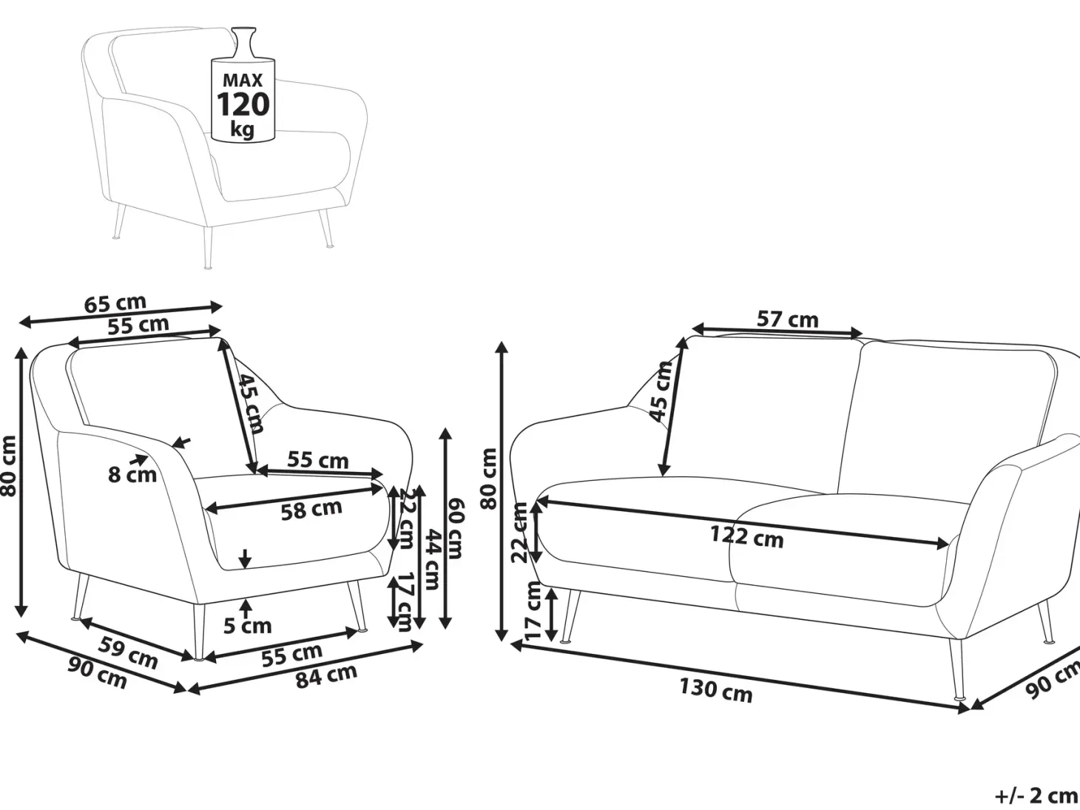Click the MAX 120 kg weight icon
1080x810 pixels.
point(243,86)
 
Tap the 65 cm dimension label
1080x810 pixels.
point(115,303)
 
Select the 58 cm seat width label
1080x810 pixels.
point(311,510)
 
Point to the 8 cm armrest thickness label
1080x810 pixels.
point(132,475)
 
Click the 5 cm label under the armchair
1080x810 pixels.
point(248,626)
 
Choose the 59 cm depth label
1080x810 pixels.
point(128,652)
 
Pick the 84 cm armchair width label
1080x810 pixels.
point(326,676)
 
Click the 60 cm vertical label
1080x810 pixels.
point(454,528)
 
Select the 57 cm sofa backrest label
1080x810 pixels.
point(787,319)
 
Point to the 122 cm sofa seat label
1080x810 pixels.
point(747,536)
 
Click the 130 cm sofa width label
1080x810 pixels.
point(716,690)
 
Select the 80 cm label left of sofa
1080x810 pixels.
point(489,478)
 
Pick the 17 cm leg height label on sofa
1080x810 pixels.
point(533,610)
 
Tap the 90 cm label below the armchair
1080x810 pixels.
point(98,673)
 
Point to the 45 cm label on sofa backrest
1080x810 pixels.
point(661,391)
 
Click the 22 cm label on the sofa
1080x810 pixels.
point(519,533)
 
